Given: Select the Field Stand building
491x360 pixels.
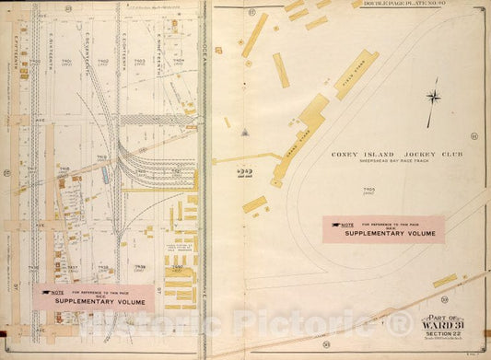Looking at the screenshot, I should pos(357,75).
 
